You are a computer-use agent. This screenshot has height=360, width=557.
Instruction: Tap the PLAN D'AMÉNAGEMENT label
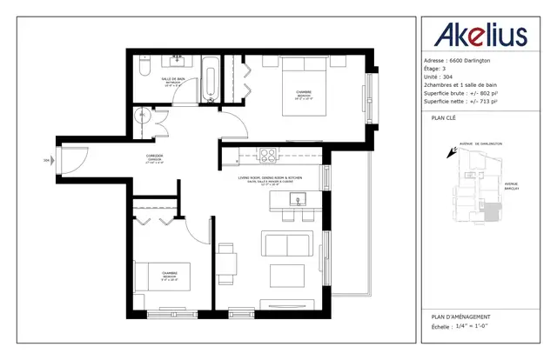pyautogui.click(x=460, y=316)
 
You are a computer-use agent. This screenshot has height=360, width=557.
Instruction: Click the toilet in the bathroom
pyautogui.click(x=144, y=64)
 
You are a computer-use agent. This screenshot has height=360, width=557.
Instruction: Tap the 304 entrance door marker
pyautogui.click(x=46, y=160)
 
